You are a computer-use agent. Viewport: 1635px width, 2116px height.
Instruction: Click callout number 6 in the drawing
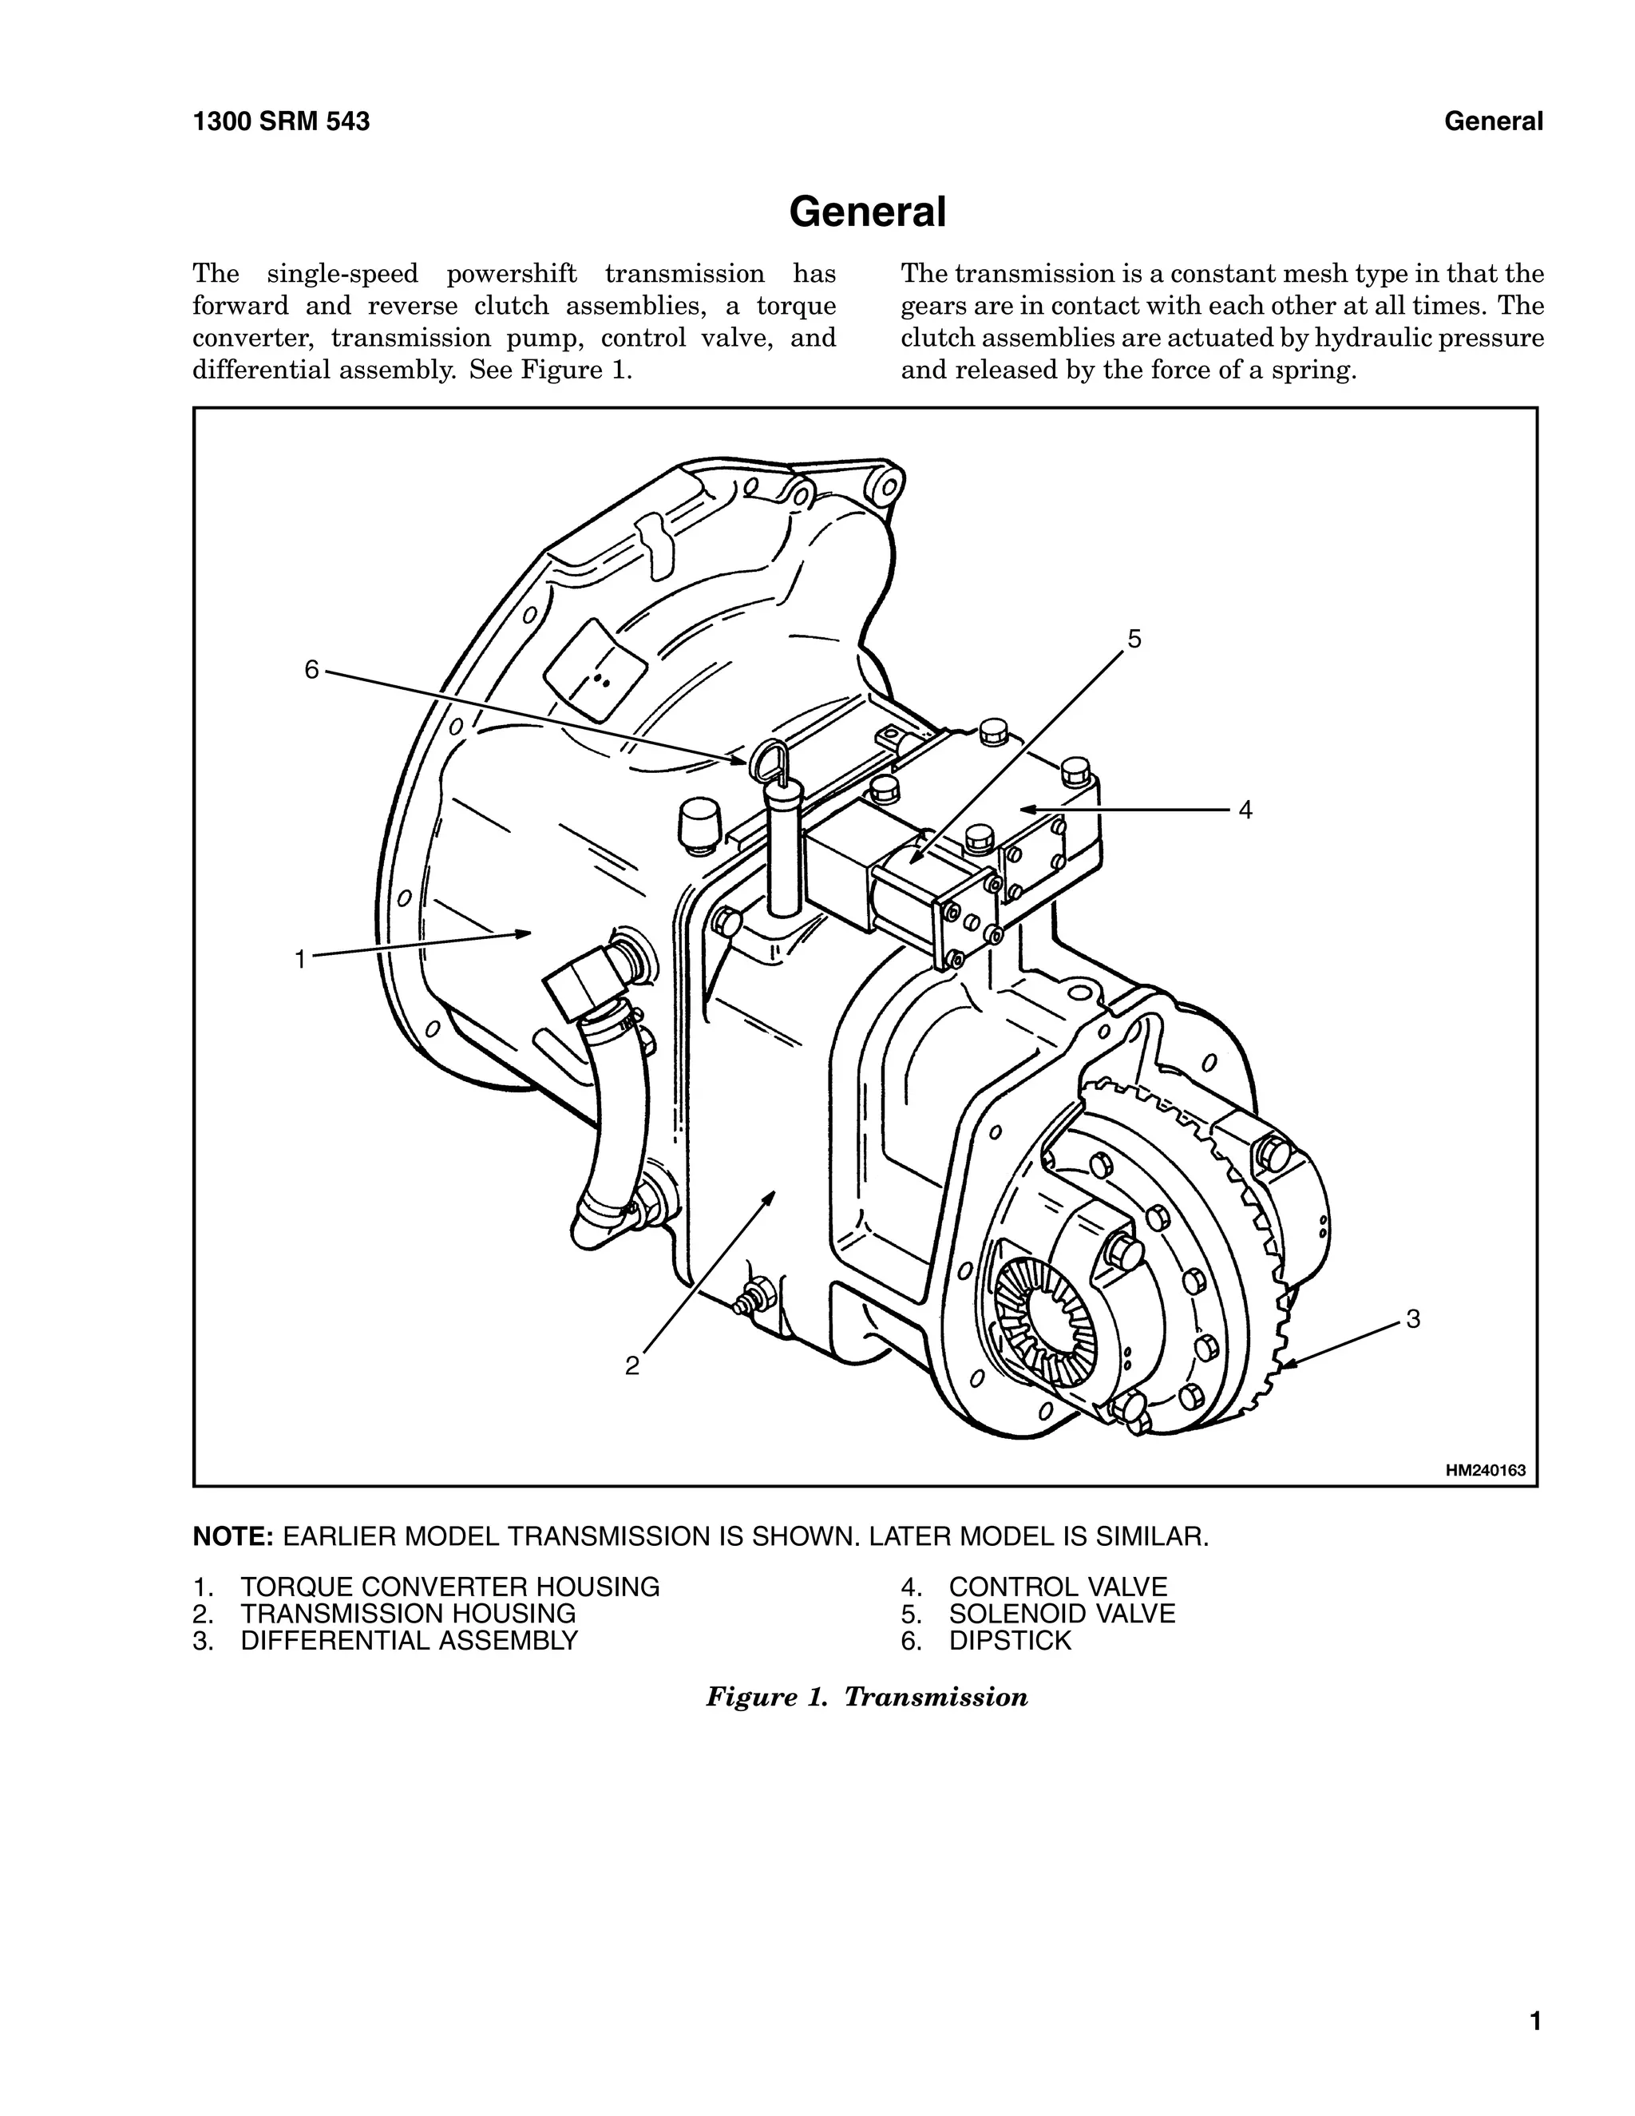pyautogui.click(x=311, y=669)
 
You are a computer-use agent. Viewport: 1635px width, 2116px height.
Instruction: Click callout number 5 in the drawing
pyautogui.click(x=1134, y=639)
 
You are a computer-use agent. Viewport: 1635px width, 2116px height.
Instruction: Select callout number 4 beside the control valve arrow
pyautogui.click(x=1245, y=810)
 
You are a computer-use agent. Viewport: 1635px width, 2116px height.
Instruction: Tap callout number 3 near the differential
pyautogui.click(x=1413, y=1318)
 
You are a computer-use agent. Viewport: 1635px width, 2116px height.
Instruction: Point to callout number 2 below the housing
pyautogui.click(x=631, y=1366)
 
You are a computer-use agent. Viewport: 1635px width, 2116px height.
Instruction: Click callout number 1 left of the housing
pyautogui.click(x=300, y=959)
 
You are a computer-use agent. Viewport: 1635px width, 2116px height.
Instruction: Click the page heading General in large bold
pyautogui.click(x=867, y=212)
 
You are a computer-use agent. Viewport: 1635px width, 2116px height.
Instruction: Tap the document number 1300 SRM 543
pyautogui.click(x=281, y=122)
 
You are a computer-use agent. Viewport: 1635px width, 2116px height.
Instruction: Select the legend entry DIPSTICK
pyautogui.click(x=1010, y=1641)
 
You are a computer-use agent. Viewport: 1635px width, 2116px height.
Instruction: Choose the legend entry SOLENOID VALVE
pyautogui.click(x=1062, y=1614)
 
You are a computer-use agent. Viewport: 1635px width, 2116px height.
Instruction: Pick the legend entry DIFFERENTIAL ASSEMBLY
pyautogui.click(x=409, y=1641)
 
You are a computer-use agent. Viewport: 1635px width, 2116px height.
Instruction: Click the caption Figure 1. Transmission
pyautogui.click(x=867, y=1698)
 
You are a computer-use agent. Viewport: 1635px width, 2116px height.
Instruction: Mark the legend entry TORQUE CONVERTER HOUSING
pyautogui.click(x=449, y=1587)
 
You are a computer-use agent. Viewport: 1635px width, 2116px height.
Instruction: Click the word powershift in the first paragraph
pyautogui.click(x=510, y=274)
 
